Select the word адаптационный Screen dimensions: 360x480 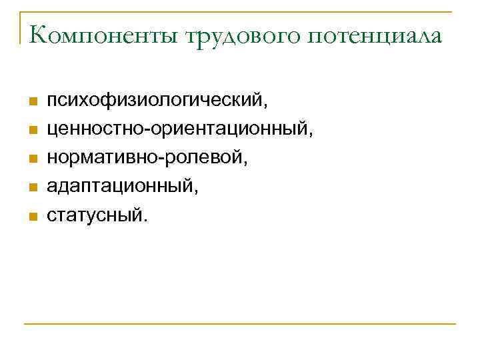click(121, 187)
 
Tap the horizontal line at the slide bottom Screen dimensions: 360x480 click(240, 325)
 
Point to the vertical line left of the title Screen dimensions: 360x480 click(21, 27)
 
